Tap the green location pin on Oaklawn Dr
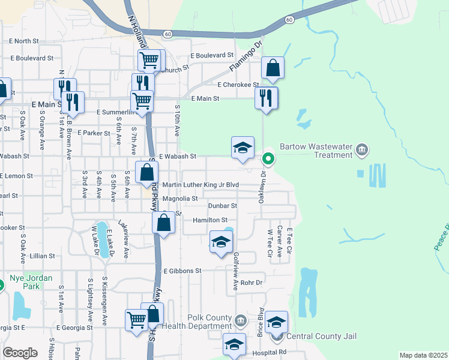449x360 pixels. click(268, 159)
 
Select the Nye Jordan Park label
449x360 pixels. click(31, 282)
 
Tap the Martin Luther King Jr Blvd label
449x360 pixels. click(200, 185)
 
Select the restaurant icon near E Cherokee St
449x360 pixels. click(266, 97)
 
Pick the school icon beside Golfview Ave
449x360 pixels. click(221, 242)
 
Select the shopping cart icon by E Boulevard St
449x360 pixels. click(149, 59)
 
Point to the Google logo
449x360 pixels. click(20, 352)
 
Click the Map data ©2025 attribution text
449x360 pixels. click(423, 355)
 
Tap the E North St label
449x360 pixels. click(24, 41)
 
